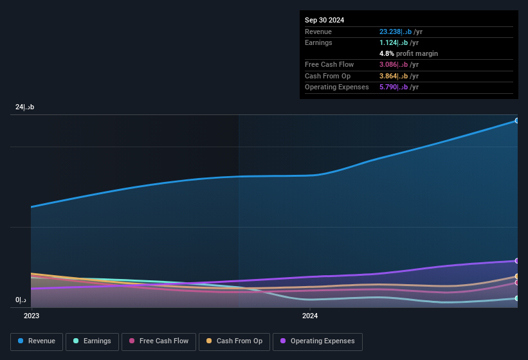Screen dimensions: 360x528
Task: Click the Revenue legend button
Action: [x=37, y=341]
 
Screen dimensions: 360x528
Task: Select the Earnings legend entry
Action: [x=93, y=341]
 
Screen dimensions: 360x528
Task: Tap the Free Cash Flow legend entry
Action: [x=159, y=341]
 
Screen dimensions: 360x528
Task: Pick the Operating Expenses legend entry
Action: [x=317, y=341]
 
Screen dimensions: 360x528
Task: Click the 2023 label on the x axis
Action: [x=32, y=316]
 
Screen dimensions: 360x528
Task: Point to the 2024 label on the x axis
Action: [x=310, y=316]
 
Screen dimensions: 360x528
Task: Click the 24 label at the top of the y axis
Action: [x=25, y=107]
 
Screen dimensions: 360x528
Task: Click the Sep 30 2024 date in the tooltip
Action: [x=324, y=20]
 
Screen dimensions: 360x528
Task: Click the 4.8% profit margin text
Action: [x=408, y=53]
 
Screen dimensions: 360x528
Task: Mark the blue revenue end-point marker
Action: [x=516, y=121]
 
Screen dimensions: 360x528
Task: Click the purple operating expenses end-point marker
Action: [x=516, y=261]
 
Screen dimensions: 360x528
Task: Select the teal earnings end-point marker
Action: [x=516, y=298]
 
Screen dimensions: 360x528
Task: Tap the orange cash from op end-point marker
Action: [x=516, y=276]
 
